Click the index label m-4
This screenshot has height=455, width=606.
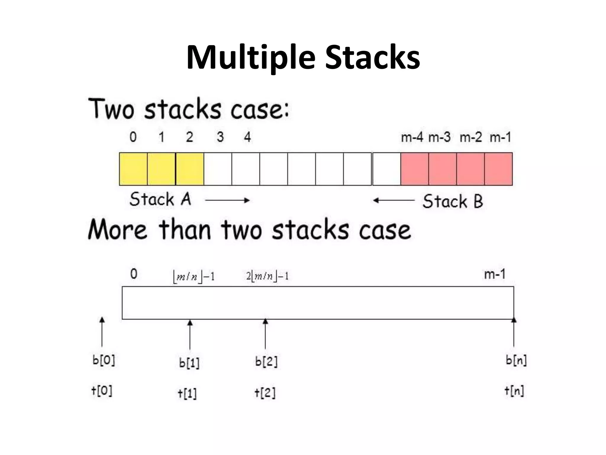click(x=412, y=137)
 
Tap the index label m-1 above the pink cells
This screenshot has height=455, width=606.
click(x=500, y=137)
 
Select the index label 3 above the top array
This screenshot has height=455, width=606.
click(x=220, y=137)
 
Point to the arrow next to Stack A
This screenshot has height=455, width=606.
click(x=227, y=201)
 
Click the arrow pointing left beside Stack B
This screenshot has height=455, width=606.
click(x=394, y=201)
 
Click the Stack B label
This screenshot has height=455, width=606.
click(x=453, y=201)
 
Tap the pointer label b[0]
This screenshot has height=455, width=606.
click(x=104, y=361)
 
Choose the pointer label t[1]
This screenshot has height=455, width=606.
click(x=187, y=393)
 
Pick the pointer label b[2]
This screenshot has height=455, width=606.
click(x=266, y=362)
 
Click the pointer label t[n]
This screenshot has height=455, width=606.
click(x=514, y=391)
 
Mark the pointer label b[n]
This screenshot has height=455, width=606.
click(x=516, y=360)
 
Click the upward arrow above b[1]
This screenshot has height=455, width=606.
click(x=190, y=335)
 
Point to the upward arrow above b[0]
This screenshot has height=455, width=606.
click(x=102, y=332)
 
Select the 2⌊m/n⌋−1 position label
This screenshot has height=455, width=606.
click(x=267, y=276)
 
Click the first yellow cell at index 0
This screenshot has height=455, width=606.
click(x=133, y=169)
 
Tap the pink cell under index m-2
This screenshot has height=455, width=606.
click(x=470, y=169)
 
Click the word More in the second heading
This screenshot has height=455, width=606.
click(x=117, y=230)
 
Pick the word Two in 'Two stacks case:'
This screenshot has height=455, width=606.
click(x=111, y=109)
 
